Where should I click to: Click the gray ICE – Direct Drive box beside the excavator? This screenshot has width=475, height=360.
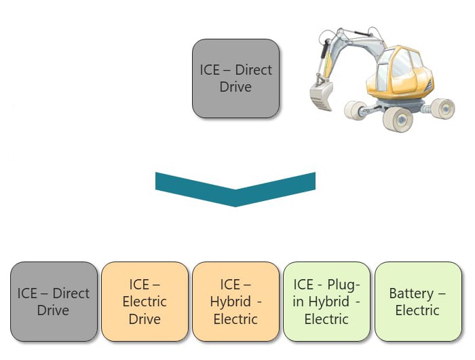point(235,78)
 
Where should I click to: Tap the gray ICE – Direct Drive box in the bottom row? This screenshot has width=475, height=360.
point(54,302)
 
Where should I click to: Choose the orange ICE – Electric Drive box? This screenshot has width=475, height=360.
point(145,302)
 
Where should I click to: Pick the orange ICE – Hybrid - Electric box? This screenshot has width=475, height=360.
point(235,302)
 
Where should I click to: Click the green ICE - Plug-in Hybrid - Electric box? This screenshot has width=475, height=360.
point(326,302)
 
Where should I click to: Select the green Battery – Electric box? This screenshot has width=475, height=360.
point(417,302)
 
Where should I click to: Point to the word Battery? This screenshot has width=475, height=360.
point(411,293)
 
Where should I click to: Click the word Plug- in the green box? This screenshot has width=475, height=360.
point(347,285)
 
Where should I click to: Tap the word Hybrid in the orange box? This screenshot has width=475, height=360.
point(230,302)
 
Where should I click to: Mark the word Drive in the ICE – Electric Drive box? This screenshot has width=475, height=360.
point(145,319)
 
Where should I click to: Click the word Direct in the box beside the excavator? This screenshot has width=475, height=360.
point(253,70)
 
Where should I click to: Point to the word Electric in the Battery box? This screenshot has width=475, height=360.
point(417,310)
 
